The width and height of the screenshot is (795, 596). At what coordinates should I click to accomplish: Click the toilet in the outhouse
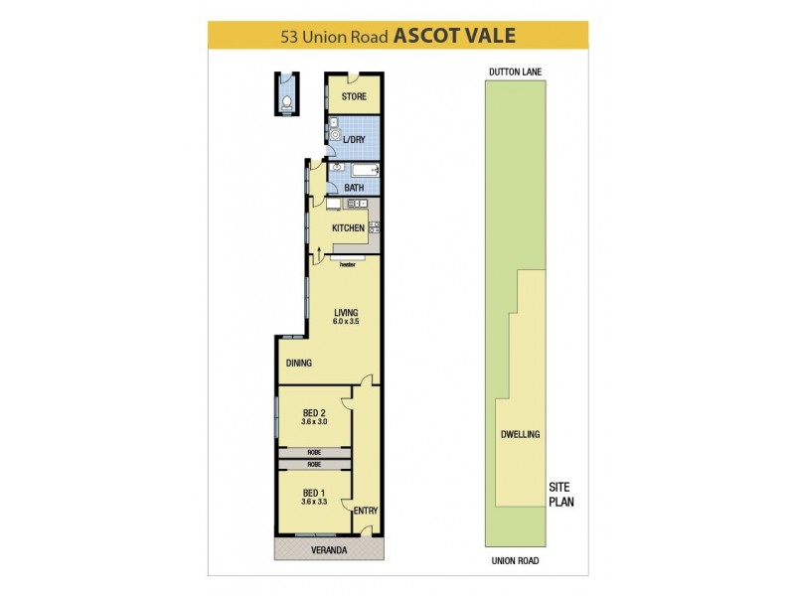285,100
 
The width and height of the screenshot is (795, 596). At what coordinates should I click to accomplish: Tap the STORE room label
354,96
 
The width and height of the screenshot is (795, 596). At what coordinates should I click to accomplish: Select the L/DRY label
355,140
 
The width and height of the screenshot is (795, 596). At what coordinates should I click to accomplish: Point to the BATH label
354,188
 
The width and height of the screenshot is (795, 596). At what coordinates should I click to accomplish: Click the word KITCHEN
348,228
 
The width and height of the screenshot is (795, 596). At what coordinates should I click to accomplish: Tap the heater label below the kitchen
348,265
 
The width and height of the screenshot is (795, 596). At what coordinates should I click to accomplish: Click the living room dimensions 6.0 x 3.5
346,323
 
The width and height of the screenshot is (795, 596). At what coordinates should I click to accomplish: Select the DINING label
299,364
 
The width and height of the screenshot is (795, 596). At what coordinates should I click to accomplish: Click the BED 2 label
314,413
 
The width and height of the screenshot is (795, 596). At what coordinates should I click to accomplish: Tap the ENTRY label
366,511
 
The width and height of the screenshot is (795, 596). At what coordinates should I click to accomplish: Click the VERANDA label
328,549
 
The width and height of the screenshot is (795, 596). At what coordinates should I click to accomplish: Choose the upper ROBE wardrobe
314,453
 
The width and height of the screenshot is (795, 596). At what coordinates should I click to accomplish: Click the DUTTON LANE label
514,72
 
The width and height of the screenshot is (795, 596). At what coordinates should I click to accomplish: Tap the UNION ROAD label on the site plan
514,561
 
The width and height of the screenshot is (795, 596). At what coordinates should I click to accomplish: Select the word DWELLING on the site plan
520,434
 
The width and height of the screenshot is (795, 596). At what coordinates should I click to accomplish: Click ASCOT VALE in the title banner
454,36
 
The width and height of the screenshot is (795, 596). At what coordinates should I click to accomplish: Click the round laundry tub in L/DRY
336,137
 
